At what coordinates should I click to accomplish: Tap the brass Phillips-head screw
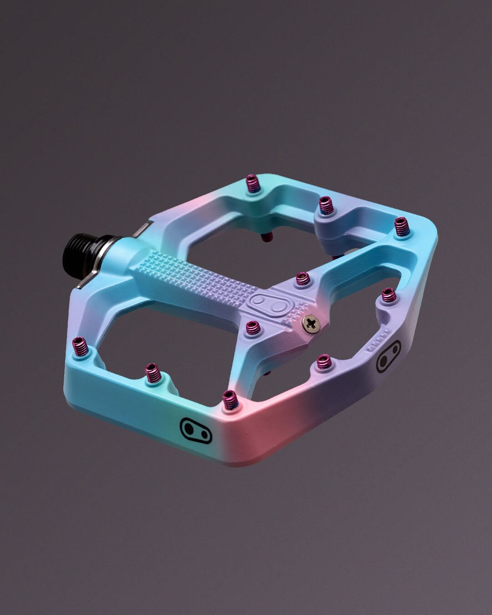coord(312,323)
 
